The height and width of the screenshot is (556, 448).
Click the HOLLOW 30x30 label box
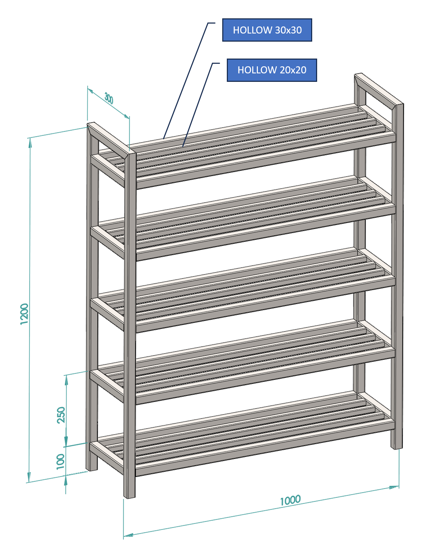(267, 30)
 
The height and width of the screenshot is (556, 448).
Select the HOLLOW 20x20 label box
(272, 70)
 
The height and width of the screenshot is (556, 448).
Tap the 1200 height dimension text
(24, 314)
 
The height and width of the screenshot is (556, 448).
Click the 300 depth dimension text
(109, 98)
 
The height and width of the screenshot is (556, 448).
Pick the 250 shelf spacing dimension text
(61, 415)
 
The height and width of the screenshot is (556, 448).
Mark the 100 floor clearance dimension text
(60, 461)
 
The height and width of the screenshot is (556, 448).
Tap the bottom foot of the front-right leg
(396, 445)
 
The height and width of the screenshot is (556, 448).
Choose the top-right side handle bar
(379, 89)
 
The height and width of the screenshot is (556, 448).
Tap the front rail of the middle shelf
(265, 304)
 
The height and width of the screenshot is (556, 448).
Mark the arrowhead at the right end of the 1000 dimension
(394, 487)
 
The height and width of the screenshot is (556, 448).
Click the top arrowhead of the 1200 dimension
(30, 143)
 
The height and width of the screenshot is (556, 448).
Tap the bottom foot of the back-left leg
(92, 467)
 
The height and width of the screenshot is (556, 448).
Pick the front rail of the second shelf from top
(266, 232)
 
